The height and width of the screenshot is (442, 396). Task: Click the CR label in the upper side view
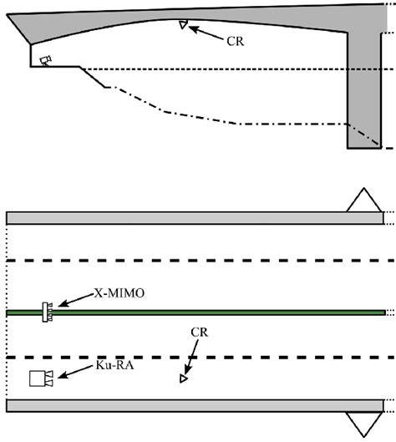coord(235,42)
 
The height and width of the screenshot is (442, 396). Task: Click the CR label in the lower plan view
coord(200,333)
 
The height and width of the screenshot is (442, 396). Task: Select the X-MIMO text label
coord(119,293)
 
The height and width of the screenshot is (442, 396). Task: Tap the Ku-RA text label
coord(114,365)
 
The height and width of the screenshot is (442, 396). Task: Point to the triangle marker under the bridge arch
coord(183,24)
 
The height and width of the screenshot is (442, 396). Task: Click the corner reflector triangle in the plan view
coord(183,378)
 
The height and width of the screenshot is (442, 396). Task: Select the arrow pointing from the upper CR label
coord(206,33)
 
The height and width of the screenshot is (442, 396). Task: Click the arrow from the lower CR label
coord(190,357)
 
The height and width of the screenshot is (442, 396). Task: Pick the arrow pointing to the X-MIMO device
coord(75,300)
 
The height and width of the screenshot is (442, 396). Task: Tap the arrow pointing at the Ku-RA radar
coord(75,372)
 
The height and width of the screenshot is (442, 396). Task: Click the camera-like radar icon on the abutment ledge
coord(46,61)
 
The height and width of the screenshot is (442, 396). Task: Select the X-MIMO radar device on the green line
coord(47,312)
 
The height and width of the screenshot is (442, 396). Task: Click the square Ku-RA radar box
coord(38,378)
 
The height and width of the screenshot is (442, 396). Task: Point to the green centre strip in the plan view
coord(195,312)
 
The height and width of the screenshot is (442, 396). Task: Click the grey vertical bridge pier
coord(364,90)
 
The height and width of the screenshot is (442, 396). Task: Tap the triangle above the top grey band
coord(364,200)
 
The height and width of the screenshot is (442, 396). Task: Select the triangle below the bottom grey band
coord(364,424)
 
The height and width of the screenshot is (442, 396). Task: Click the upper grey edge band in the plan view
coord(195,218)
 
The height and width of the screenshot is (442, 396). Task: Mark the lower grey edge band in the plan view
coord(195,405)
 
